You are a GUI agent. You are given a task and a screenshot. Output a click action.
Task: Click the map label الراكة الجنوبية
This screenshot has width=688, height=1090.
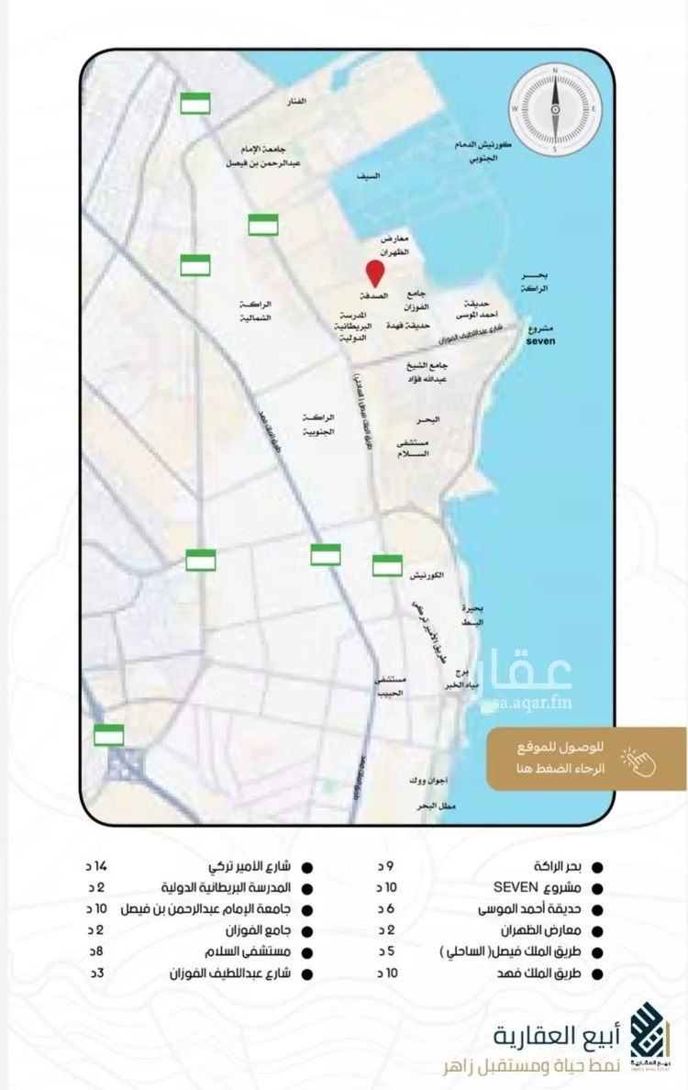pos(316,423)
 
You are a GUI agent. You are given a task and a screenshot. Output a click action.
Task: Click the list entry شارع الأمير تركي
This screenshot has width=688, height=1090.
pos(250,866)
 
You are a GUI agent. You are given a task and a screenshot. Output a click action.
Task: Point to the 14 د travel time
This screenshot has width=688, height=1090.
pos(95,866)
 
